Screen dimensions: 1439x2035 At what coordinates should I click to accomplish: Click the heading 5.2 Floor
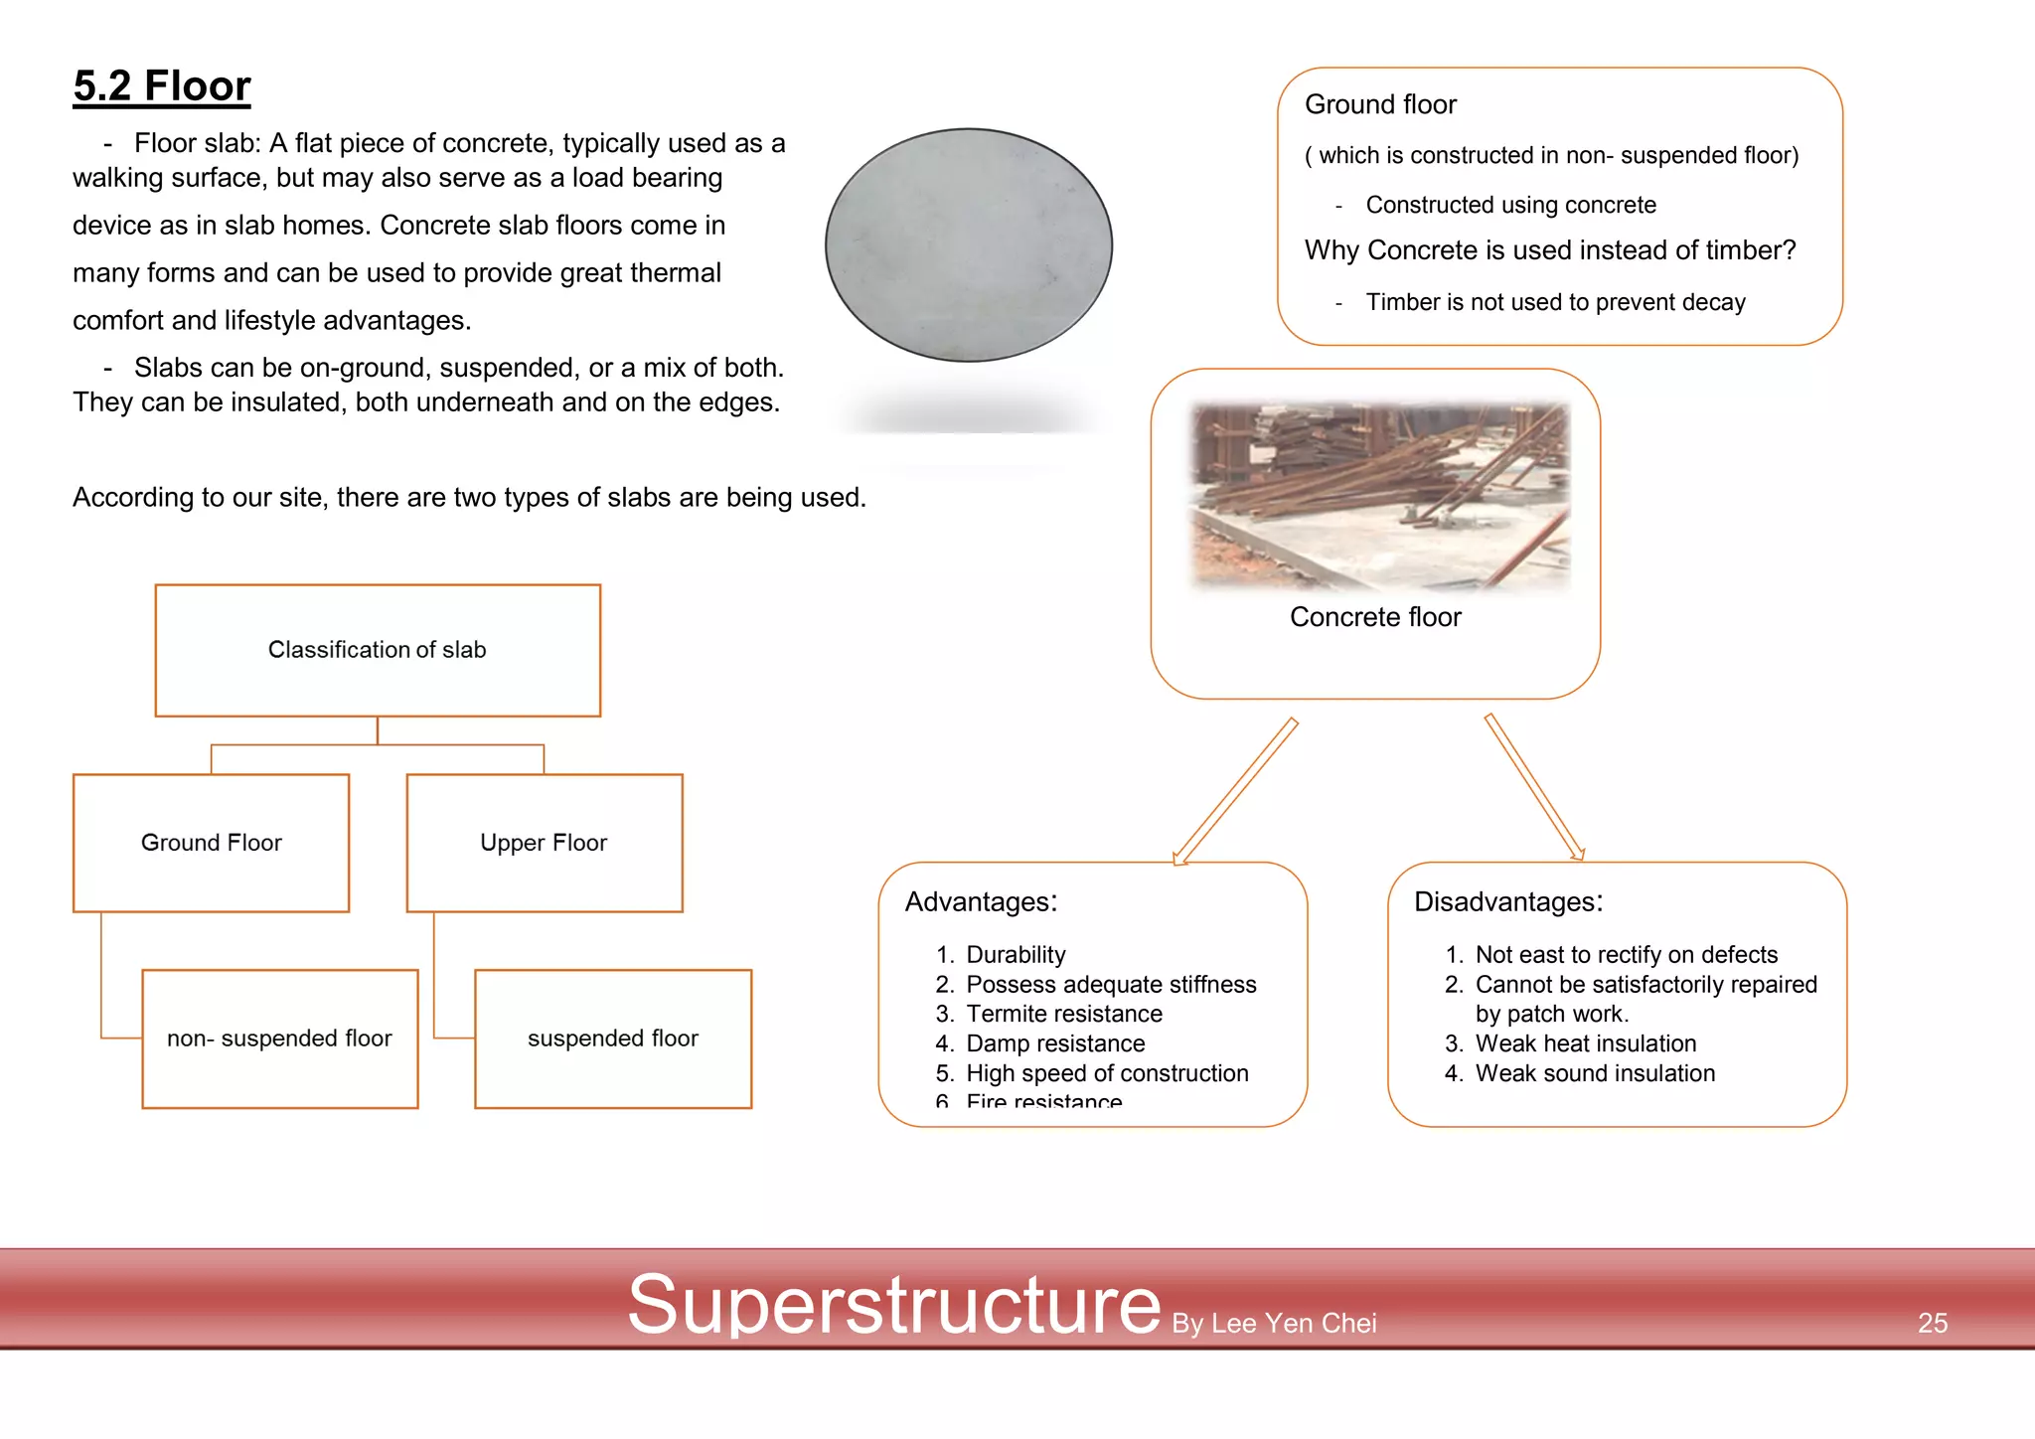(162, 86)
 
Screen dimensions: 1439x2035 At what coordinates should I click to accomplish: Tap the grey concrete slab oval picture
(968, 244)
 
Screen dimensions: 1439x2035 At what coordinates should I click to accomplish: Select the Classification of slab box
(378, 650)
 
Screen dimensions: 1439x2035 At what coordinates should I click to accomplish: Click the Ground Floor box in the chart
(211, 843)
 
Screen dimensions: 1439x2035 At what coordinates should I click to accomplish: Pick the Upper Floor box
(544, 843)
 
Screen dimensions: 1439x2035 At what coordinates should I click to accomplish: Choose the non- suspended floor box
(279, 1039)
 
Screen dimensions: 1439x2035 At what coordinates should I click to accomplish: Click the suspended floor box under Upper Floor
(612, 1039)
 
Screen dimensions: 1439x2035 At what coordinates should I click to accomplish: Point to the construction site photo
(1379, 496)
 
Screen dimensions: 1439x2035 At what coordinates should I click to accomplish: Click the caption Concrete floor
(1375, 617)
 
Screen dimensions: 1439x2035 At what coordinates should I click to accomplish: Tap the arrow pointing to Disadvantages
(1534, 786)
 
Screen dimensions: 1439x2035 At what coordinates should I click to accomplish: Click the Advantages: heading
(981, 901)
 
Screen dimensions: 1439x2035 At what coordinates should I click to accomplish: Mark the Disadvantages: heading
(1507, 901)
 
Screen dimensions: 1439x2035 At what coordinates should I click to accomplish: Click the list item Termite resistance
(1063, 1014)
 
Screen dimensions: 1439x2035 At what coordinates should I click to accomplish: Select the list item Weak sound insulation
(1595, 1073)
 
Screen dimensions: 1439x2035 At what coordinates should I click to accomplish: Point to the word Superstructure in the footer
(893, 1304)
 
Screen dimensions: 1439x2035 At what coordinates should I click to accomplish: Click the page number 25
(1932, 1323)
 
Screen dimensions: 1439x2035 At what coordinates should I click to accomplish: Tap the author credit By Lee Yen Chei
(1274, 1323)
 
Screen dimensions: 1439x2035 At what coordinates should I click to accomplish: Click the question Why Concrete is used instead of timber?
(1549, 250)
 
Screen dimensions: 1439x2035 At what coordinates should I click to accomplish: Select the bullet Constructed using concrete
(1510, 205)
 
